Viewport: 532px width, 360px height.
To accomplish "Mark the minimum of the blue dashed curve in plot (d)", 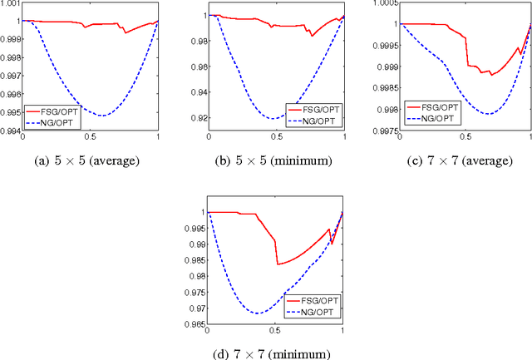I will click(x=259, y=313).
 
